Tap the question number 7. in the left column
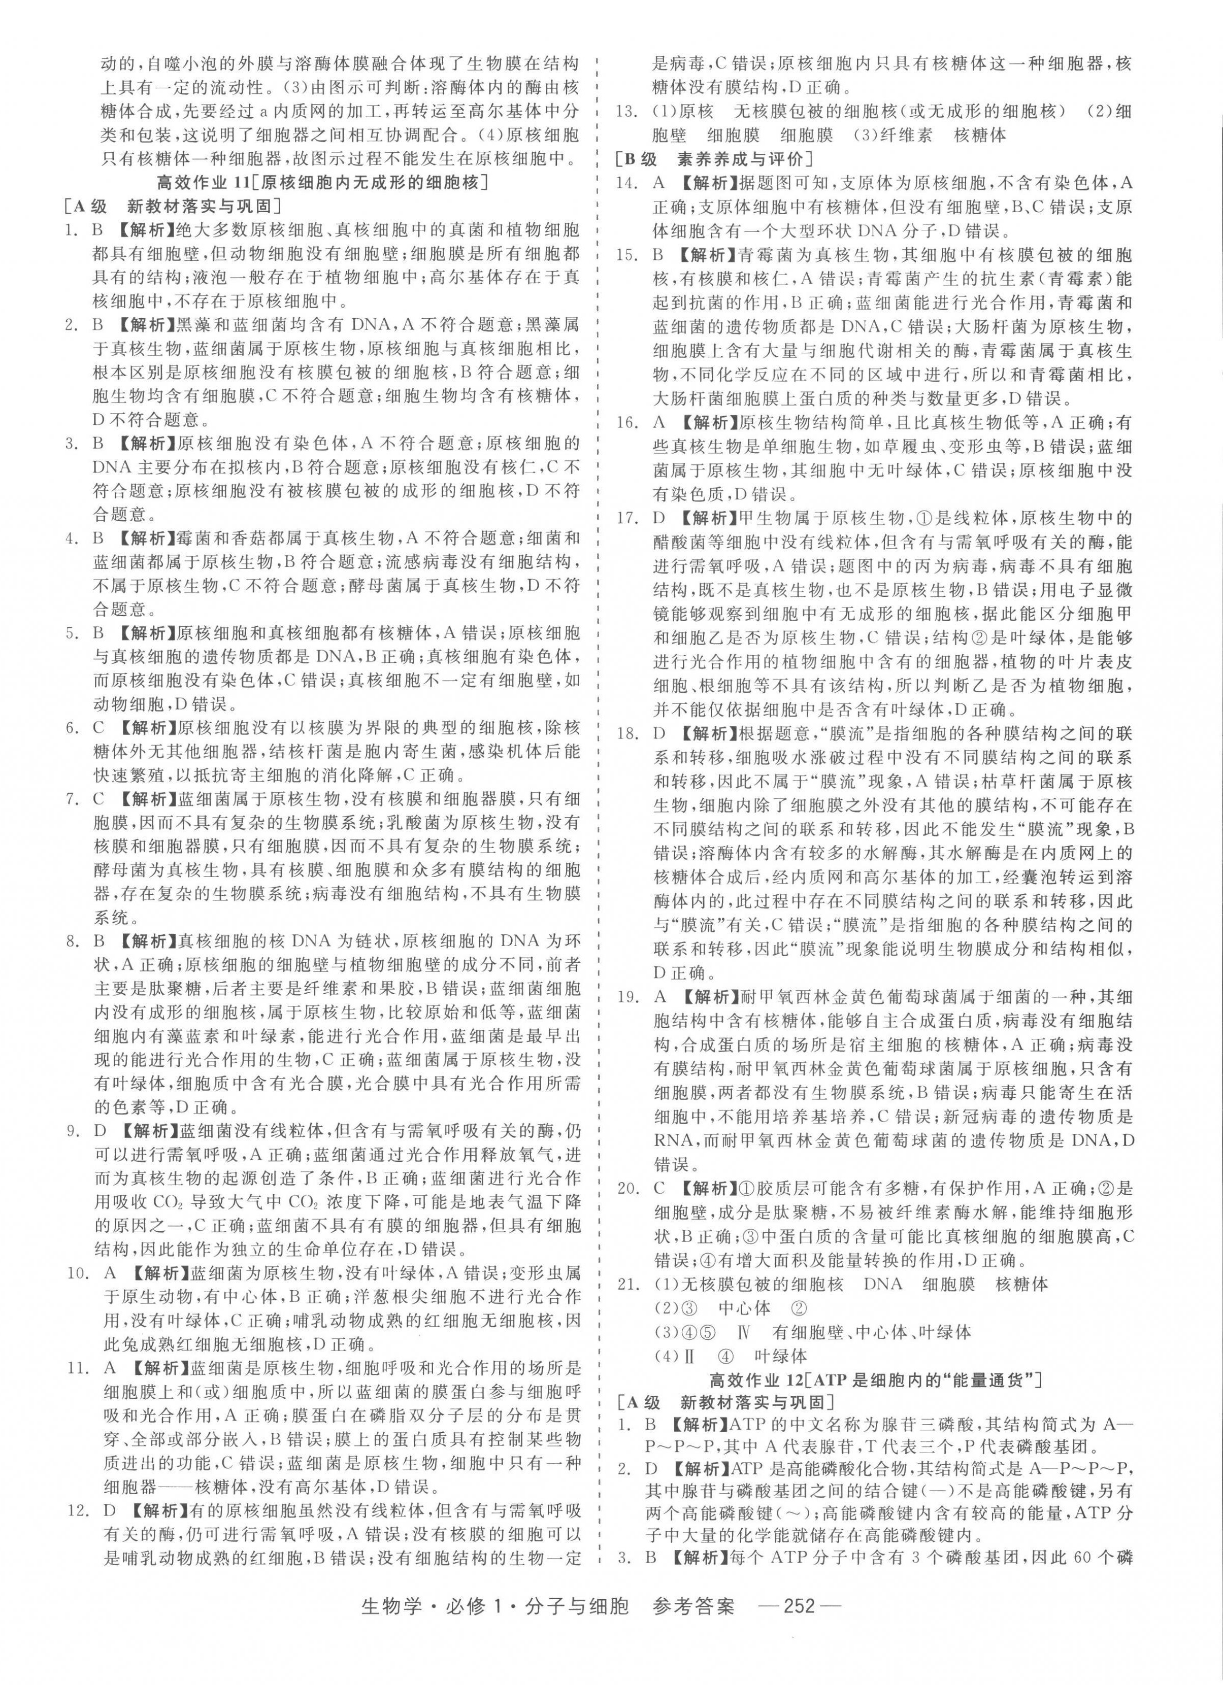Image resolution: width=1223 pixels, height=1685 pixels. pos(74,799)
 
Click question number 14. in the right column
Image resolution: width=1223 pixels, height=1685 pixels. pos(628,183)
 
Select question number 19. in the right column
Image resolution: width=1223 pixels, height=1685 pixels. pos(628,997)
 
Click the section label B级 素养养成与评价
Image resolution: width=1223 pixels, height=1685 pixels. pos(714,159)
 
